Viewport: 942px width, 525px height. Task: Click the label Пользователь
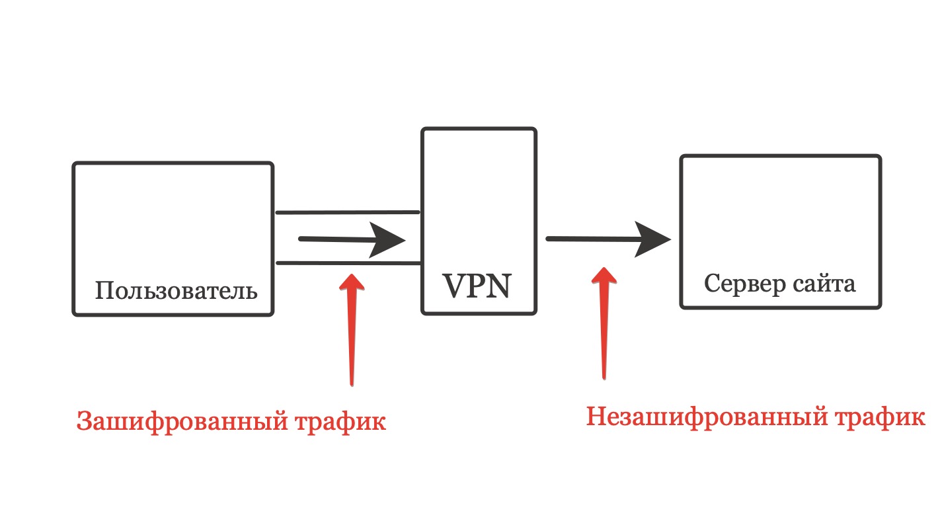pos(176,290)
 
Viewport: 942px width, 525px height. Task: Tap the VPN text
pos(477,286)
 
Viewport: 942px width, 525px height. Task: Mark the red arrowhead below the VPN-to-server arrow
pos(602,276)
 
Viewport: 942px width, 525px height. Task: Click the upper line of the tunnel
pos(348,213)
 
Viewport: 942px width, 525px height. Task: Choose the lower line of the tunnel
pos(348,263)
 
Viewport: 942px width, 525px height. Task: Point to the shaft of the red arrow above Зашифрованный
pos(352,337)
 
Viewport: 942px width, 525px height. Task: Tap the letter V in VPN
pos(454,286)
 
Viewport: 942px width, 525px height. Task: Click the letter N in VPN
pos(500,286)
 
